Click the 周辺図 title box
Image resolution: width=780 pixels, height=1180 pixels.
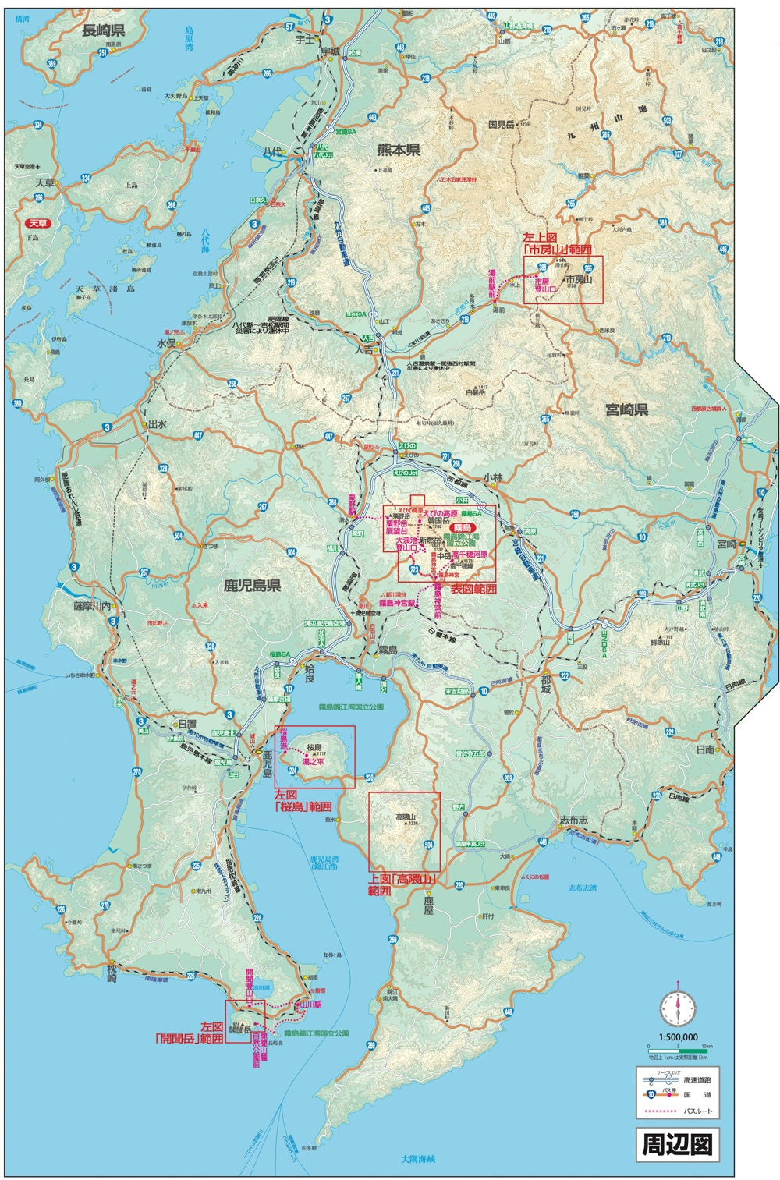(x=676, y=1144)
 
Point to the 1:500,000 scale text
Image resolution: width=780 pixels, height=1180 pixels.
(x=678, y=1037)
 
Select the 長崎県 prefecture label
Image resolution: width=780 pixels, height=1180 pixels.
(x=104, y=30)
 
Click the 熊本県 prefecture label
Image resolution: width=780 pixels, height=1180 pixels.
(x=399, y=150)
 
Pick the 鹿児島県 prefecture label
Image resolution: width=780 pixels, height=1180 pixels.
(x=252, y=585)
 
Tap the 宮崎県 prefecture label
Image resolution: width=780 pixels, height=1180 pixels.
(x=626, y=409)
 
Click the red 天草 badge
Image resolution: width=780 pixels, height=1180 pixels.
(x=38, y=222)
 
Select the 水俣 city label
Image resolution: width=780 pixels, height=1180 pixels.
(x=168, y=342)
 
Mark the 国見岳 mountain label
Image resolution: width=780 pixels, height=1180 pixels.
(x=502, y=124)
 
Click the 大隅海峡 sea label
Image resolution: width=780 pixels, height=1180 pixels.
(x=421, y=1159)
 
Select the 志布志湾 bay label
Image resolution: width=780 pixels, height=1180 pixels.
(x=582, y=888)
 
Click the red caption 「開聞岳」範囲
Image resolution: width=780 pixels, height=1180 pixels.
(x=190, y=1039)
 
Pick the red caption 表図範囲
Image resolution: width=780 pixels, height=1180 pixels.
(x=473, y=589)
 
